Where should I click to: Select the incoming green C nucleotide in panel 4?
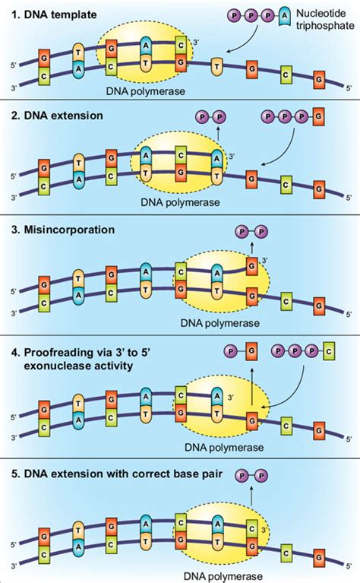328,350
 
